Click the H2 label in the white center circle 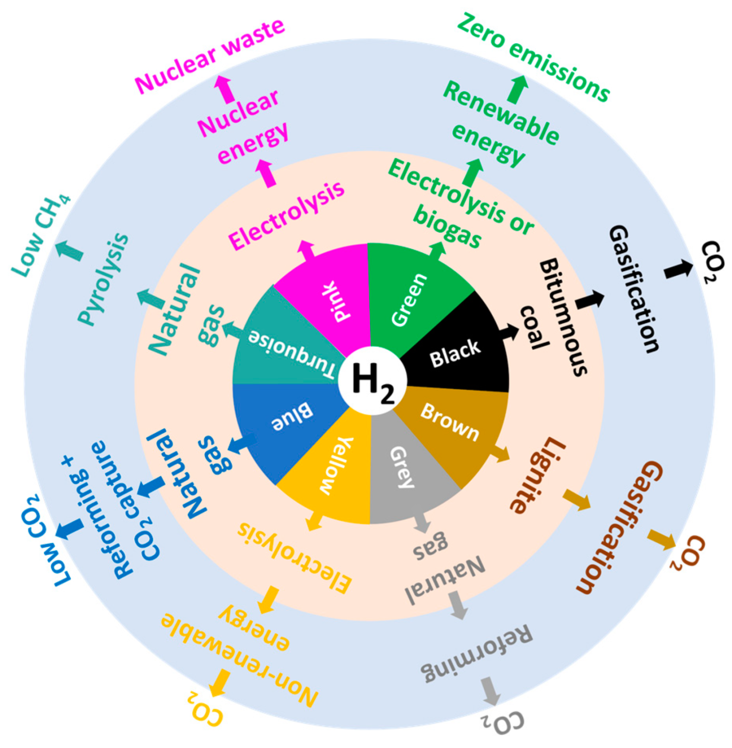click(x=372, y=381)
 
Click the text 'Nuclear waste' click(x=209, y=55)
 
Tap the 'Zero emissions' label click(x=533, y=57)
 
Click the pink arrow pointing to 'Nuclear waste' click(x=224, y=89)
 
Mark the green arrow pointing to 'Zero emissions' click(x=518, y=89)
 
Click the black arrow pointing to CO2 click(x=678, y=269)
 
